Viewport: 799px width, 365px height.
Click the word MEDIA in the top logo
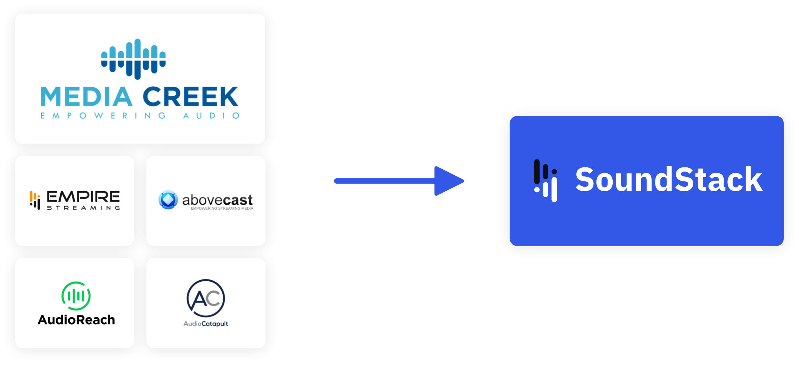point(86,97)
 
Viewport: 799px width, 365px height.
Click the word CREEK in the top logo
point(190,97)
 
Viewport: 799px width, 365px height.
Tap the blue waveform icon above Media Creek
point(133,59)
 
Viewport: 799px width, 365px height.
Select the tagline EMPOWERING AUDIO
point(140,115)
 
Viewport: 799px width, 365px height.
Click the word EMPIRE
point(83,197)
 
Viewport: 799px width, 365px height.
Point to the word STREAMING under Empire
point(83,208)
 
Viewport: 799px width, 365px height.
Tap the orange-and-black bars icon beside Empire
point(35,200)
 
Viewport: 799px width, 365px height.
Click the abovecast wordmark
point(217,200)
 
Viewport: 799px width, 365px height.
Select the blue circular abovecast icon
point(168,200)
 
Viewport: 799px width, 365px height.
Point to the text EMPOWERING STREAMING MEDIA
point(222,209)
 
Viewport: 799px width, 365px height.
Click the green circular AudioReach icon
point(76,296)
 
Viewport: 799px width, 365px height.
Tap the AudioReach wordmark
point(76,320)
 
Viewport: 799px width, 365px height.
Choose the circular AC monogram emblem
point(206,298)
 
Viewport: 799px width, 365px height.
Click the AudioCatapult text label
point(206,324)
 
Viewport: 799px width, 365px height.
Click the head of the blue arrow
point(449,181)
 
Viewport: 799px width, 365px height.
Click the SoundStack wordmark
point(668,179)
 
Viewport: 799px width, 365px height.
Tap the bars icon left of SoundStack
point(545,181)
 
